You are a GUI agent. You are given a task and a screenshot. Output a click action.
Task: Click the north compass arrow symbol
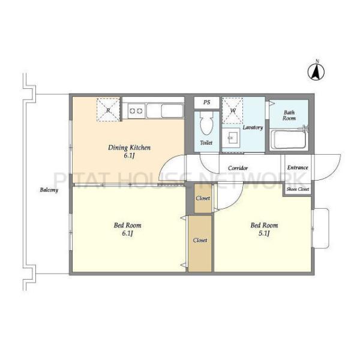[316, 72]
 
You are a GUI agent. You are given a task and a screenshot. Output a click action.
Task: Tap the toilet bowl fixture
[206, 124]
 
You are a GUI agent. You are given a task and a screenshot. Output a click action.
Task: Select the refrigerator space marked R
[109, 110]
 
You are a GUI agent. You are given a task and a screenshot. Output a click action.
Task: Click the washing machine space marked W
[233, 110]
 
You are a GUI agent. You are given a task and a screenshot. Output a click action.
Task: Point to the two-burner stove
[136, 111]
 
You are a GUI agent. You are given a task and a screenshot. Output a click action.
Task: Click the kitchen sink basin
[172, 110]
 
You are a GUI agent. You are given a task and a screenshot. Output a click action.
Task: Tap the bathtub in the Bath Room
[289, 139]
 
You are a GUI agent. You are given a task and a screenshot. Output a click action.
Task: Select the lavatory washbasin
[232, 138]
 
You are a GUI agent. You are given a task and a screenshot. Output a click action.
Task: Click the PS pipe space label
[207, 102]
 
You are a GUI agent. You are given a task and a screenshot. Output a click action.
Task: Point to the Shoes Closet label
[298, 190]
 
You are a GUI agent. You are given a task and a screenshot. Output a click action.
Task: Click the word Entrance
[298, 167]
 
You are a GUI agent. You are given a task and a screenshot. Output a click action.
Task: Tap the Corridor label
[238, 168]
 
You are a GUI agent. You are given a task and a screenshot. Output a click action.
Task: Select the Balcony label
[49, 190]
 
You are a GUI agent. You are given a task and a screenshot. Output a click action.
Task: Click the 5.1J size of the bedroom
[264, 233]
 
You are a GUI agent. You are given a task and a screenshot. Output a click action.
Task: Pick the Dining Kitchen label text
[129, 148]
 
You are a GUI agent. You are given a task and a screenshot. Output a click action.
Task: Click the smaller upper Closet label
[203, 198]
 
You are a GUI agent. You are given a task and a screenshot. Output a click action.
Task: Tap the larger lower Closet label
[200, 240]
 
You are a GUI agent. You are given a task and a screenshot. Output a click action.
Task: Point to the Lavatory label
[253, 127]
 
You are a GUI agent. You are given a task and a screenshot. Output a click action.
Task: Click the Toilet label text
[206, 143]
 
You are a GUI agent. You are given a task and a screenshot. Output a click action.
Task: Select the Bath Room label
[289, 115]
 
